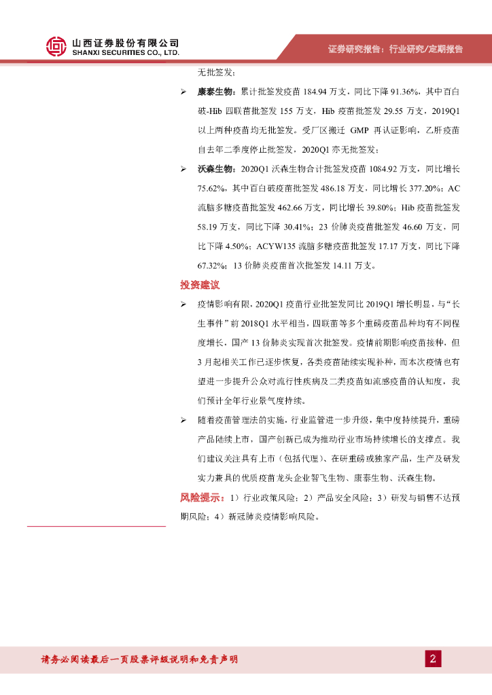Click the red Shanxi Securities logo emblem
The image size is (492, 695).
click(x=56, y=46)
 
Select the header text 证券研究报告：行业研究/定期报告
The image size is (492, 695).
click(x=395, y=49)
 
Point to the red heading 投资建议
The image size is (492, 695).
click(x=200, y=284)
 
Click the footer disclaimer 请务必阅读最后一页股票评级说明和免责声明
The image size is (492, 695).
click(x=140, y=659)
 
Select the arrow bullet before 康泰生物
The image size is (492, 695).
click(x=183, y=91)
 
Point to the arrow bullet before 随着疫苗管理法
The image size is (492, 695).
click(x=183, y=420)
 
